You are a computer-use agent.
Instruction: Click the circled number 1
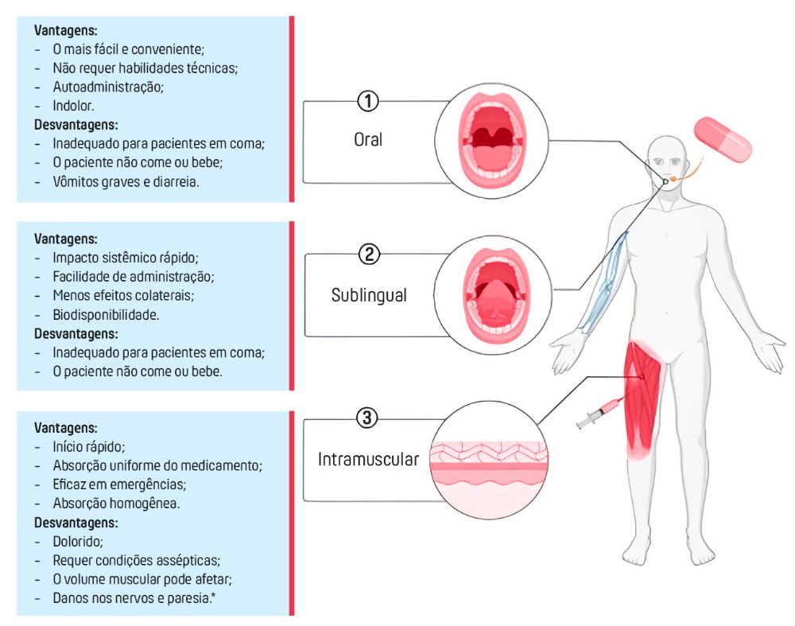tap(367, 101)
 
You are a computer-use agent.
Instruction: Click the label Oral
tap(368, 139)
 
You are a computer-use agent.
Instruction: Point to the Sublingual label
tap(369, 295)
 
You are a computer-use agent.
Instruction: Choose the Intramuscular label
tap(368, 459)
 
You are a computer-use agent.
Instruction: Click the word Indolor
tap(76, 105)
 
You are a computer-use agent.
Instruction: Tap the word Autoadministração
tap(108, 86)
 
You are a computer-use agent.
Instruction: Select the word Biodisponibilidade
tap(106, 314)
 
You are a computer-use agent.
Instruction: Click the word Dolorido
tap(79, 542)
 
